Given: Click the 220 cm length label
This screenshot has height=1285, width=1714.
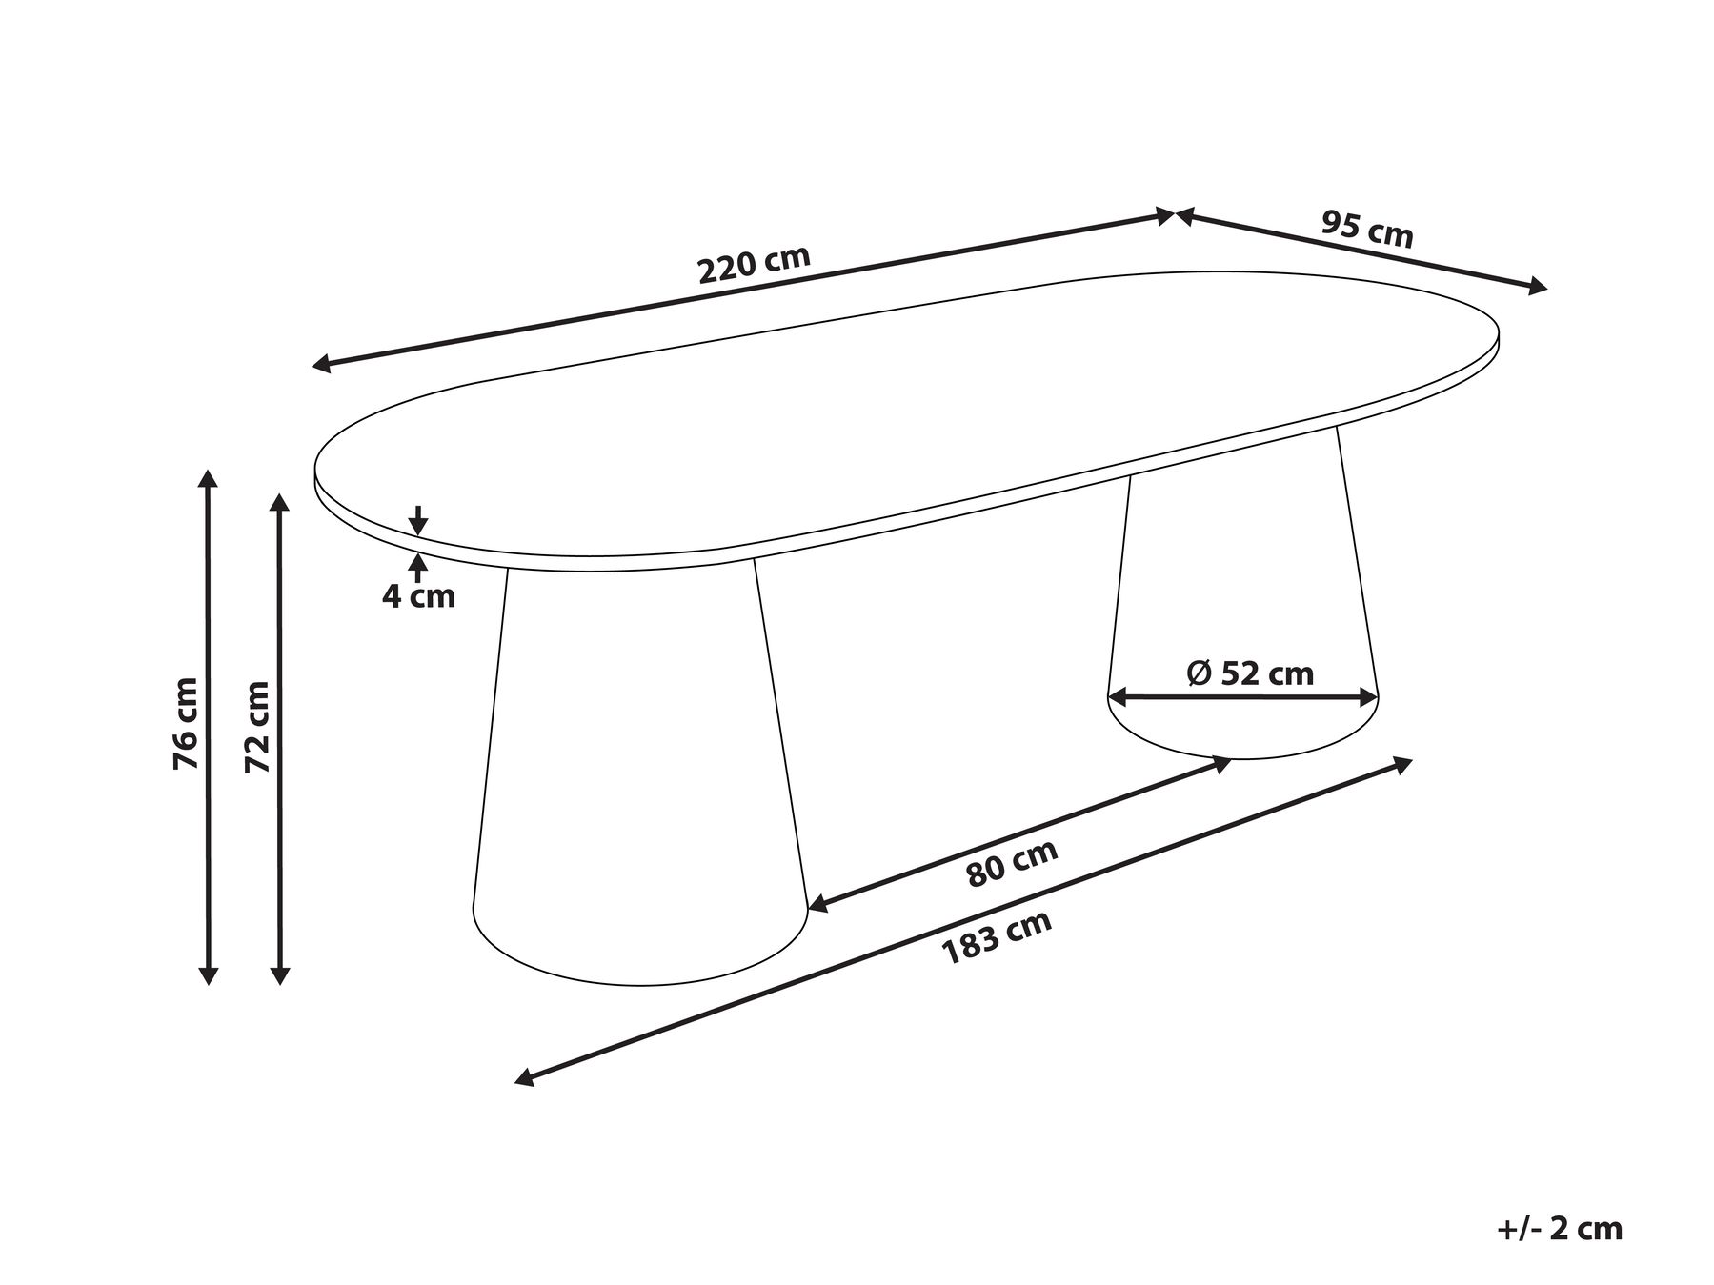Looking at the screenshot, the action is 755,265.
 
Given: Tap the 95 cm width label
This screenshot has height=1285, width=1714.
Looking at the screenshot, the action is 1367,230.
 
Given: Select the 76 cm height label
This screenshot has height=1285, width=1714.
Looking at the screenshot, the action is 186,723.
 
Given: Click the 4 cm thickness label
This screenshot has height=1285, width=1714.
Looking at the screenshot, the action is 418,597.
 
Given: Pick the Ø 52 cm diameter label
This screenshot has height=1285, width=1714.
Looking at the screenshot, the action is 1250,673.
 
